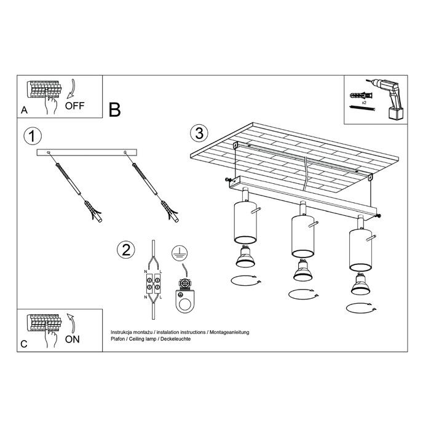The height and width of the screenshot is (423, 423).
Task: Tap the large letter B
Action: click(x=114, y=109)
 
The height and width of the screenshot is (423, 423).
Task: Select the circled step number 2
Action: click(x=125, y=250)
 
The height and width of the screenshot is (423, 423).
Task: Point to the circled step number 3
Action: click(x=198, y=132)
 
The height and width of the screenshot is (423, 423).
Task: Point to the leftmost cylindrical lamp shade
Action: click(x=243, y=224)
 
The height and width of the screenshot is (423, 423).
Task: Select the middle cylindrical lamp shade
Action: click(x=301, y=237)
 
